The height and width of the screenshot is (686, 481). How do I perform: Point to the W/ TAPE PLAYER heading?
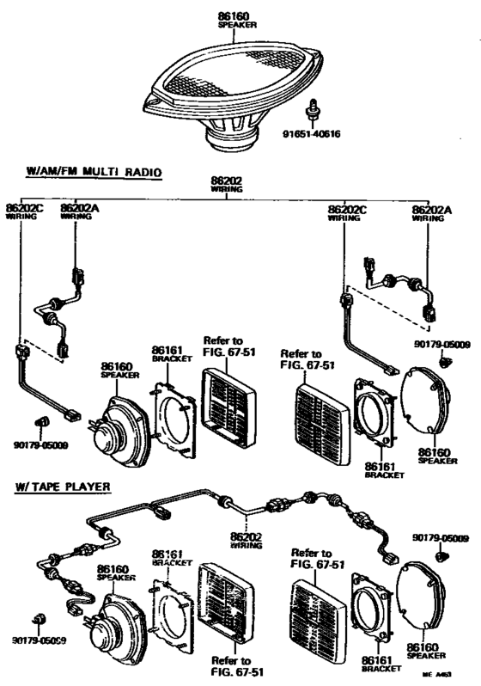(62, 487)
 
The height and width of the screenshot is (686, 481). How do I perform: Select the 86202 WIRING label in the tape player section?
(246, 540)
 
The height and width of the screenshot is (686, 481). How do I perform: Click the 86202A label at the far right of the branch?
(432, 212)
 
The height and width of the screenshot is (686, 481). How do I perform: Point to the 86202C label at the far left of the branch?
(21, 211)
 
